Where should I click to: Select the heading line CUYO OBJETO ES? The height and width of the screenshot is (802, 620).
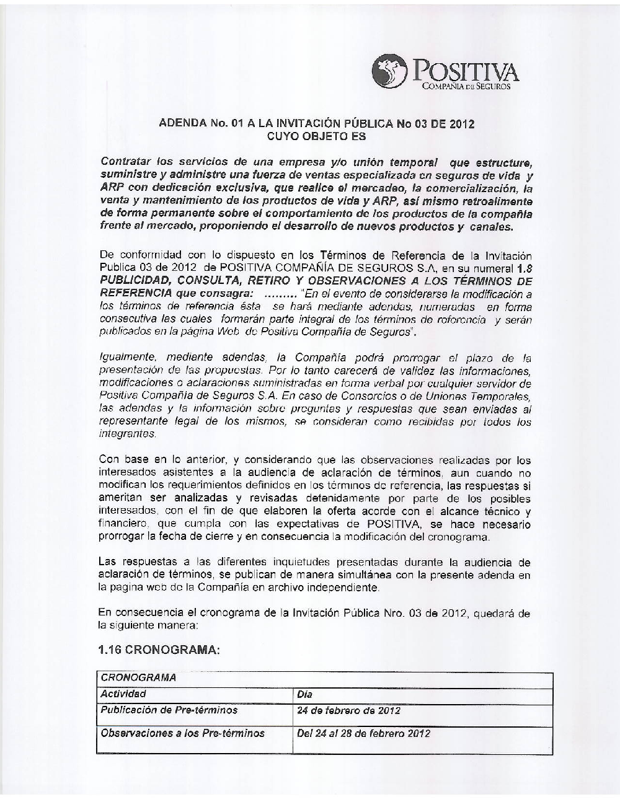pyautogui.click(x=316, y=136)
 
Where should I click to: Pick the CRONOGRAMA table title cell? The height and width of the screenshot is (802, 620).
pyautogui.click(x=138, y=677)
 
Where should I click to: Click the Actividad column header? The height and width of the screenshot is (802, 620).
pyautogui.click(x=123, y=694)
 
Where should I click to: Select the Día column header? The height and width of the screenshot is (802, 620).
pyautogui.click(x=305, y=695)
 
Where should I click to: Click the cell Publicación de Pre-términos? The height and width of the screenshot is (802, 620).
pyautogui.click(x=169, y=710)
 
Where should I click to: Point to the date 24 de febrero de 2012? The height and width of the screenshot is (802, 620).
pyautogui.click(x=348, y=710)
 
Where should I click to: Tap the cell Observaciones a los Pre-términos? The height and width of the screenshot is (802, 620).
pyautogui.click(x=182, y=733)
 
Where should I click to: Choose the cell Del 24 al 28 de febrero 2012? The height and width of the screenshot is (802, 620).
pyautogui.click(x=363, y=734)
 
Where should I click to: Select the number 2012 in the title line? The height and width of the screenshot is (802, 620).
pyautogui.click(x=461, y=123)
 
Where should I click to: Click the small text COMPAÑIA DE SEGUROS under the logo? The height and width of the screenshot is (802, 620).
pyautogui.click(x=466, y=87)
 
